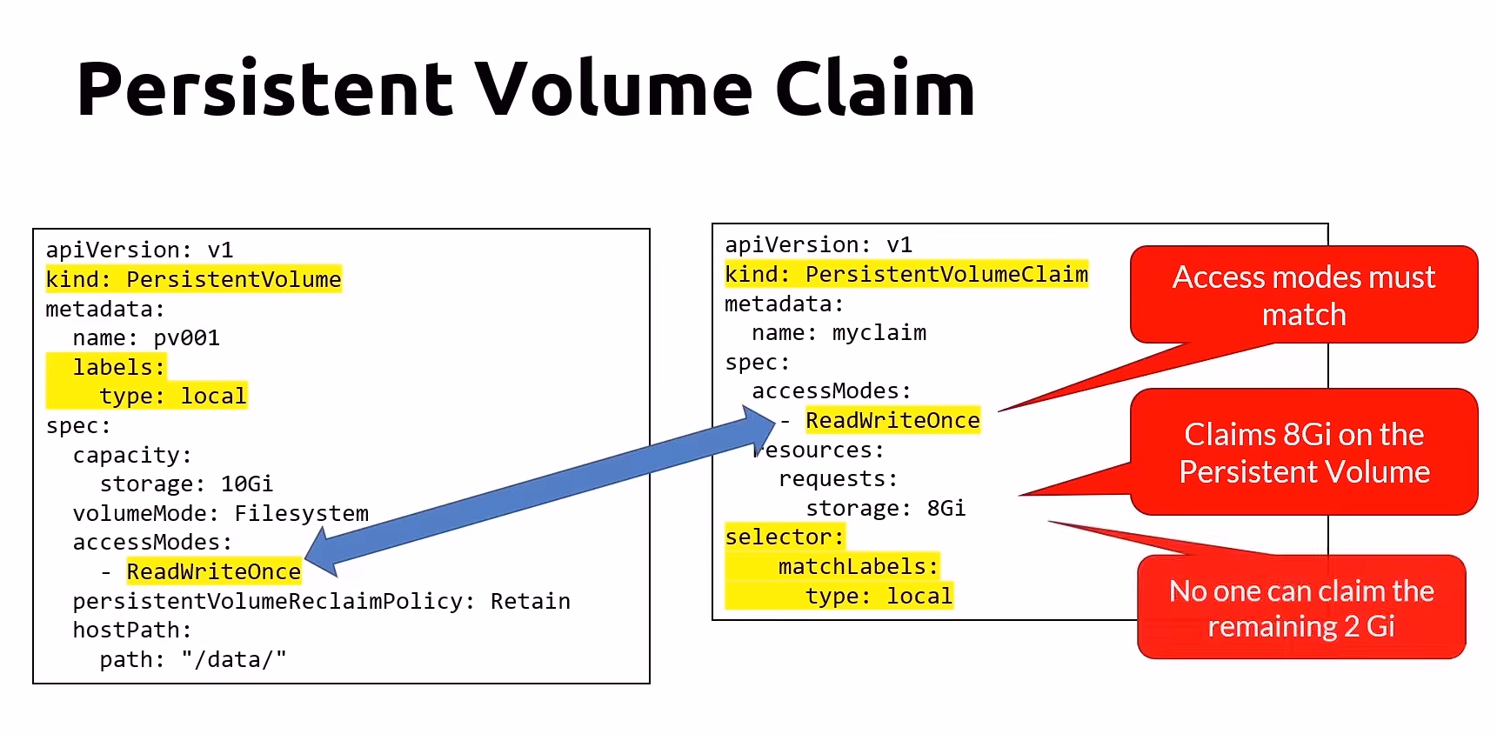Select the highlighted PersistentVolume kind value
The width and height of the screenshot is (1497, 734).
(x=233, y=279)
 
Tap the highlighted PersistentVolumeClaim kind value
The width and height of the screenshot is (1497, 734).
(x=946, y=274)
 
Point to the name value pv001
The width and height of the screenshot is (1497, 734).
(x=186, y=337)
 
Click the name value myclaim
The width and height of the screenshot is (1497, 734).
(x=879, y=332)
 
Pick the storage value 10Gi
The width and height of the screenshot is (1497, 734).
(x=246, y=484)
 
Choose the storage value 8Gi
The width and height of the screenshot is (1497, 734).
(x=946, y=508)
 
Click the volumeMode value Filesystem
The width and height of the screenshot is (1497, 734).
(x=301, y=513)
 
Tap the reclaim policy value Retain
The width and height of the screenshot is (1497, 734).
(x=530, y=601)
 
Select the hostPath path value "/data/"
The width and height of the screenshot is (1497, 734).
(x=233, y=659)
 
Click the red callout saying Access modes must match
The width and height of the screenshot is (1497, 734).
(x=1303, y=296)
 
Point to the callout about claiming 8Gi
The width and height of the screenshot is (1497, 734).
(x=1303, y=452)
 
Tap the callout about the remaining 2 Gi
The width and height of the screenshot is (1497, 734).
(x=1300, y=608)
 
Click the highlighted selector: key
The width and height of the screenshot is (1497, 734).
(x=784, y=537)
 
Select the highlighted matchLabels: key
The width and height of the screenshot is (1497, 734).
(x=858, y=566)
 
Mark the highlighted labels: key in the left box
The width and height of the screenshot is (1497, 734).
(x=118, y=367)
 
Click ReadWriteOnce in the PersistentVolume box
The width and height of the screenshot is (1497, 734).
(x=213, y=571)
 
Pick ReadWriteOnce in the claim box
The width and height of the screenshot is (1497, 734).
(x=892, y=420)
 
